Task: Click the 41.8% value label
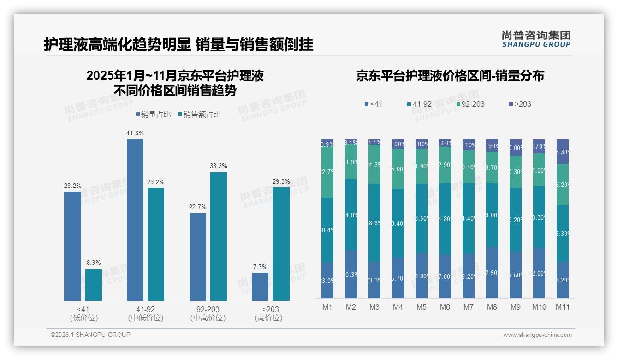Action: tap(135, 133)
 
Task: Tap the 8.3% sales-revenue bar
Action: tap(94, 285)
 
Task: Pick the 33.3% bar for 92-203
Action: tap(219, 236)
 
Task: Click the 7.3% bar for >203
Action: tap(260, 287)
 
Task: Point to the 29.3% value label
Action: tap(281, 181)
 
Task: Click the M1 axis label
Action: tap(327, 307)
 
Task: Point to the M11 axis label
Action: tap(563, 307)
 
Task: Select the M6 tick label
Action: tap(445, 307)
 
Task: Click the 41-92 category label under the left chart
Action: tap(145, 309)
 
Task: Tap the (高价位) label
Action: tap(268, 318)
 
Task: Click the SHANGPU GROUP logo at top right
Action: tap(536, 39)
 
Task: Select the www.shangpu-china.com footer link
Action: tap(537, 335)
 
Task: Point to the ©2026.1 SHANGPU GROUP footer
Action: tap(90, 335)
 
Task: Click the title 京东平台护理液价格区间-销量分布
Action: tap(450, 76)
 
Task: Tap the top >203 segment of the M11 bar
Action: tap(563, 151)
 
